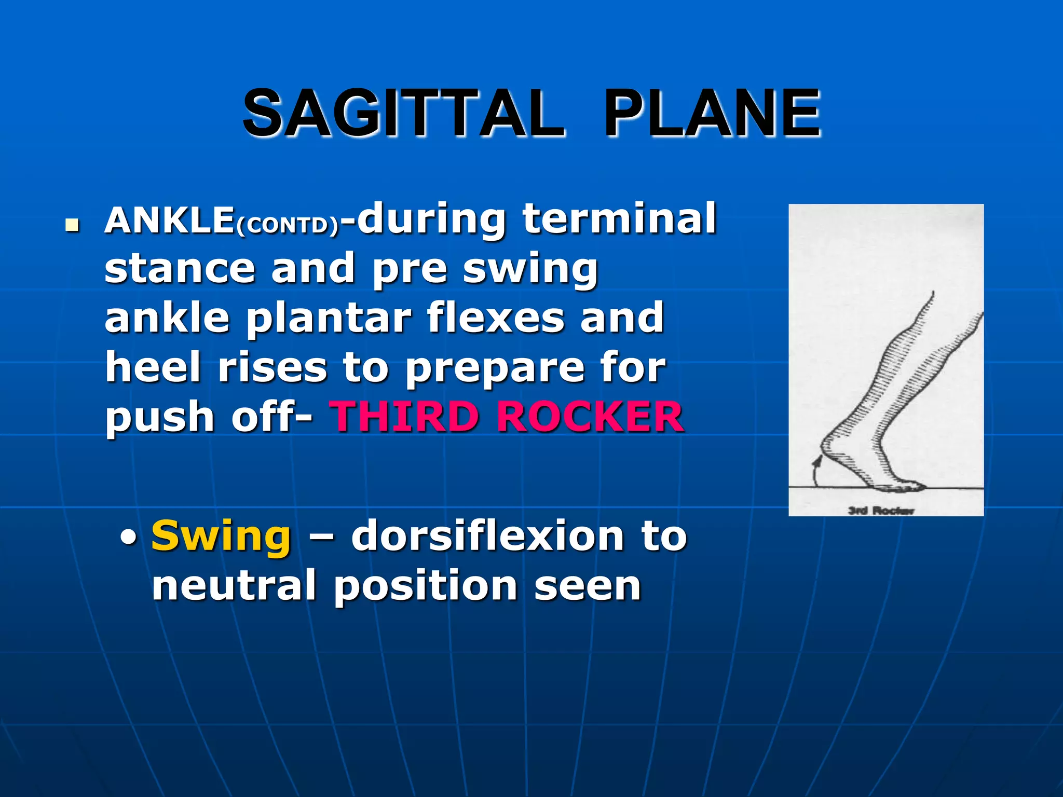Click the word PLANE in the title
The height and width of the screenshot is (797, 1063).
[x=712, y=113]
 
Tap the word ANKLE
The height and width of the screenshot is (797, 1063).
[x=169, y=221]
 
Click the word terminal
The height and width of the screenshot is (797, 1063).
[x=619, y=218]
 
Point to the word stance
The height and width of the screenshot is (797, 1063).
[x=180, y=268]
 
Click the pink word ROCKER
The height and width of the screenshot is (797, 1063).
[x=590, y=417]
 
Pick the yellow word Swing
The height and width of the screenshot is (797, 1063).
[x=221, y=536]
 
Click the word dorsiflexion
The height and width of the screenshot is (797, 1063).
[x=487, y=536]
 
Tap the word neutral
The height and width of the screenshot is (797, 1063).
[x=234, y=586]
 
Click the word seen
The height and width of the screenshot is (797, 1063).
[x=588, y=586]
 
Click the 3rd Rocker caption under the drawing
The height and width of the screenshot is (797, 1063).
[x=881, y=511]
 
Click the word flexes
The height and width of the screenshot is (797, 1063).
[x=495, y=318]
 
